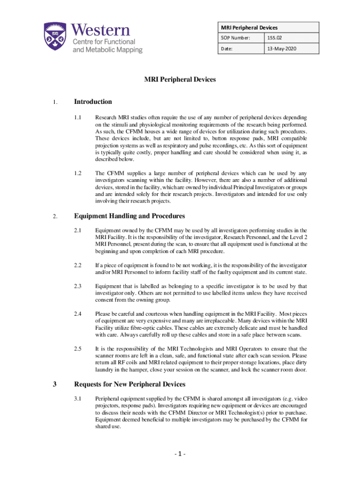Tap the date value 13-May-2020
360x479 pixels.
282,49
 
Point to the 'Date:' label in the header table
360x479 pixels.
226,49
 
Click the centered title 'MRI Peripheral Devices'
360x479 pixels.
180,80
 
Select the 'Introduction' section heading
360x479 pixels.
93,102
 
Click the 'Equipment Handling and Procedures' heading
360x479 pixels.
130,216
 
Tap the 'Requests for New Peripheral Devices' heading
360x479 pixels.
130,384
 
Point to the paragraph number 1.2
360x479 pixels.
78,174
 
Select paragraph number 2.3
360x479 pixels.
78,286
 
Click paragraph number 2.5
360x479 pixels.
78,349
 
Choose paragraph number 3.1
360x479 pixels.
78,399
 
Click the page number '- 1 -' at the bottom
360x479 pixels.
180,454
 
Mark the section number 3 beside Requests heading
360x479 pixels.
55,385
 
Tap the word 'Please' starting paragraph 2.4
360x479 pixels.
103,314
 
